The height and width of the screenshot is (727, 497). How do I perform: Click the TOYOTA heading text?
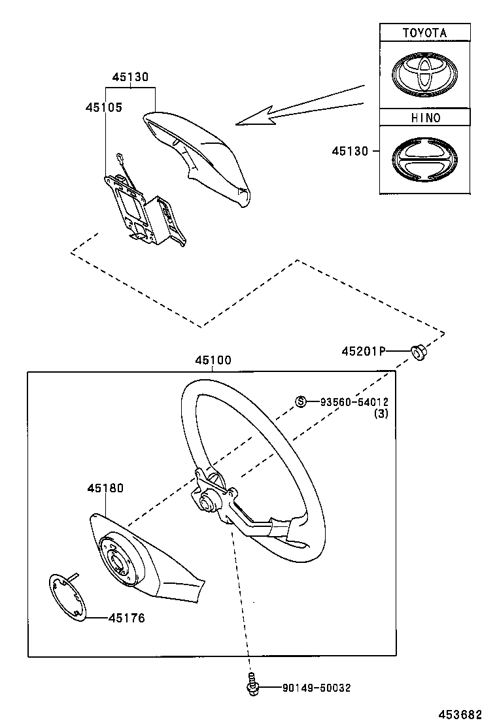pyautogui.click(x=424, y=32)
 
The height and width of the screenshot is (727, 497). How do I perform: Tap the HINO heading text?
pyautogui.click(x=425, y=118)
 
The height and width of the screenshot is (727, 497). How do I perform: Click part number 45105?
pyautogui.click(x=103, y=107)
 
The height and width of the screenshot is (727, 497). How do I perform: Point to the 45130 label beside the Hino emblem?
pyautogui.click(x=350, y=151)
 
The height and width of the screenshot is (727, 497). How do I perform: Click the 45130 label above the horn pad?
pyautogui.click(x=130, y=77)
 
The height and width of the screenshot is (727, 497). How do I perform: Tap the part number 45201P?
pyautogui.click(x=362, y=351)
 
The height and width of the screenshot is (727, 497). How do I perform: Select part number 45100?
pyautogui.click(x=213, y=361)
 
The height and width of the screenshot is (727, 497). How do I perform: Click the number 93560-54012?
pyautogui.click(x=353, y=401)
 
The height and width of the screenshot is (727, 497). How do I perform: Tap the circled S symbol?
pyautogui.click(x=301, y=401)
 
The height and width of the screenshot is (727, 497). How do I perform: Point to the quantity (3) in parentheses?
pyautogui.click(x=381, y=414)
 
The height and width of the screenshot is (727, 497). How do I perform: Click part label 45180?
pyautogui.click(x=105, y=488)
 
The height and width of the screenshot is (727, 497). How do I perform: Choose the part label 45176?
pyautogui.click(x=126, y=618)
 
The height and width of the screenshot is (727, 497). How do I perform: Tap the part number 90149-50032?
pyautogui.click(x=317, y=688)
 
